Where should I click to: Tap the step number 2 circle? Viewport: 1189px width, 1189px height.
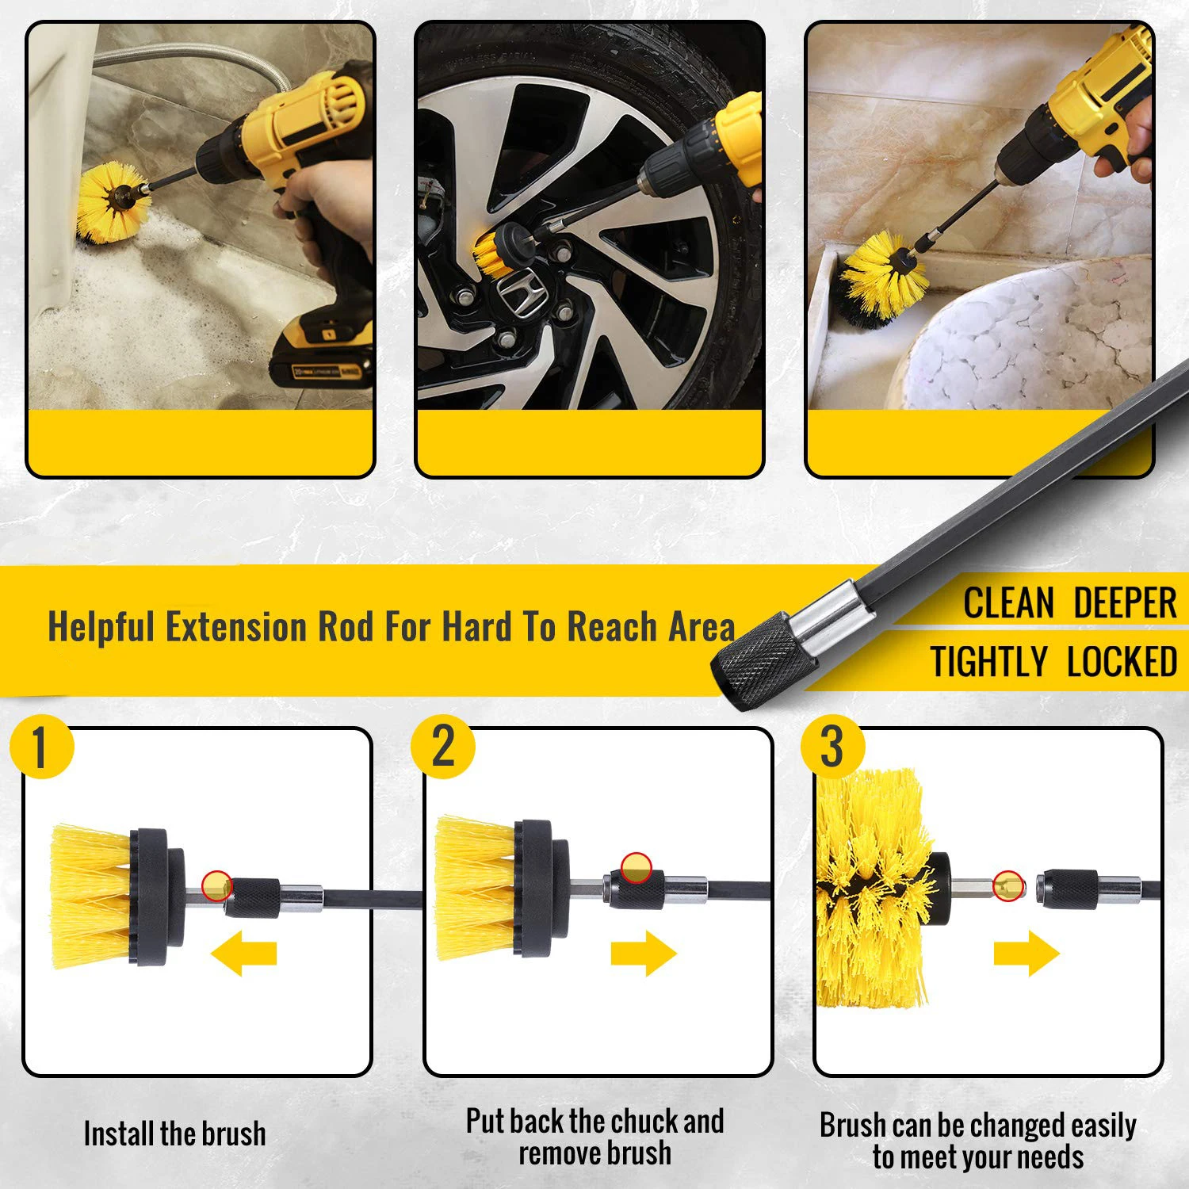[443, 747]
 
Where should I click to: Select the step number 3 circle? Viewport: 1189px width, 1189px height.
[832, 747]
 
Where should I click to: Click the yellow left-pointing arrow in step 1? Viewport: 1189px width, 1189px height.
[244, 953]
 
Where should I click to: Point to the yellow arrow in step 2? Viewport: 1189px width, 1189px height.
[644, 953]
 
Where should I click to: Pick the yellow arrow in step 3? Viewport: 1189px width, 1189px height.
[1027, 953]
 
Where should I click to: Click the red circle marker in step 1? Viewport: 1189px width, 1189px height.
[216, 885]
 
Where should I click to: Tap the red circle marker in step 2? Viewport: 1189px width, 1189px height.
[636, 868]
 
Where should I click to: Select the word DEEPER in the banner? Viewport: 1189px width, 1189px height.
[1125, 603]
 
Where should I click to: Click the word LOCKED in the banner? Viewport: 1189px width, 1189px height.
[1122, 662]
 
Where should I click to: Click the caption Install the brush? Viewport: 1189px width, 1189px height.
[174, 1134]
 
